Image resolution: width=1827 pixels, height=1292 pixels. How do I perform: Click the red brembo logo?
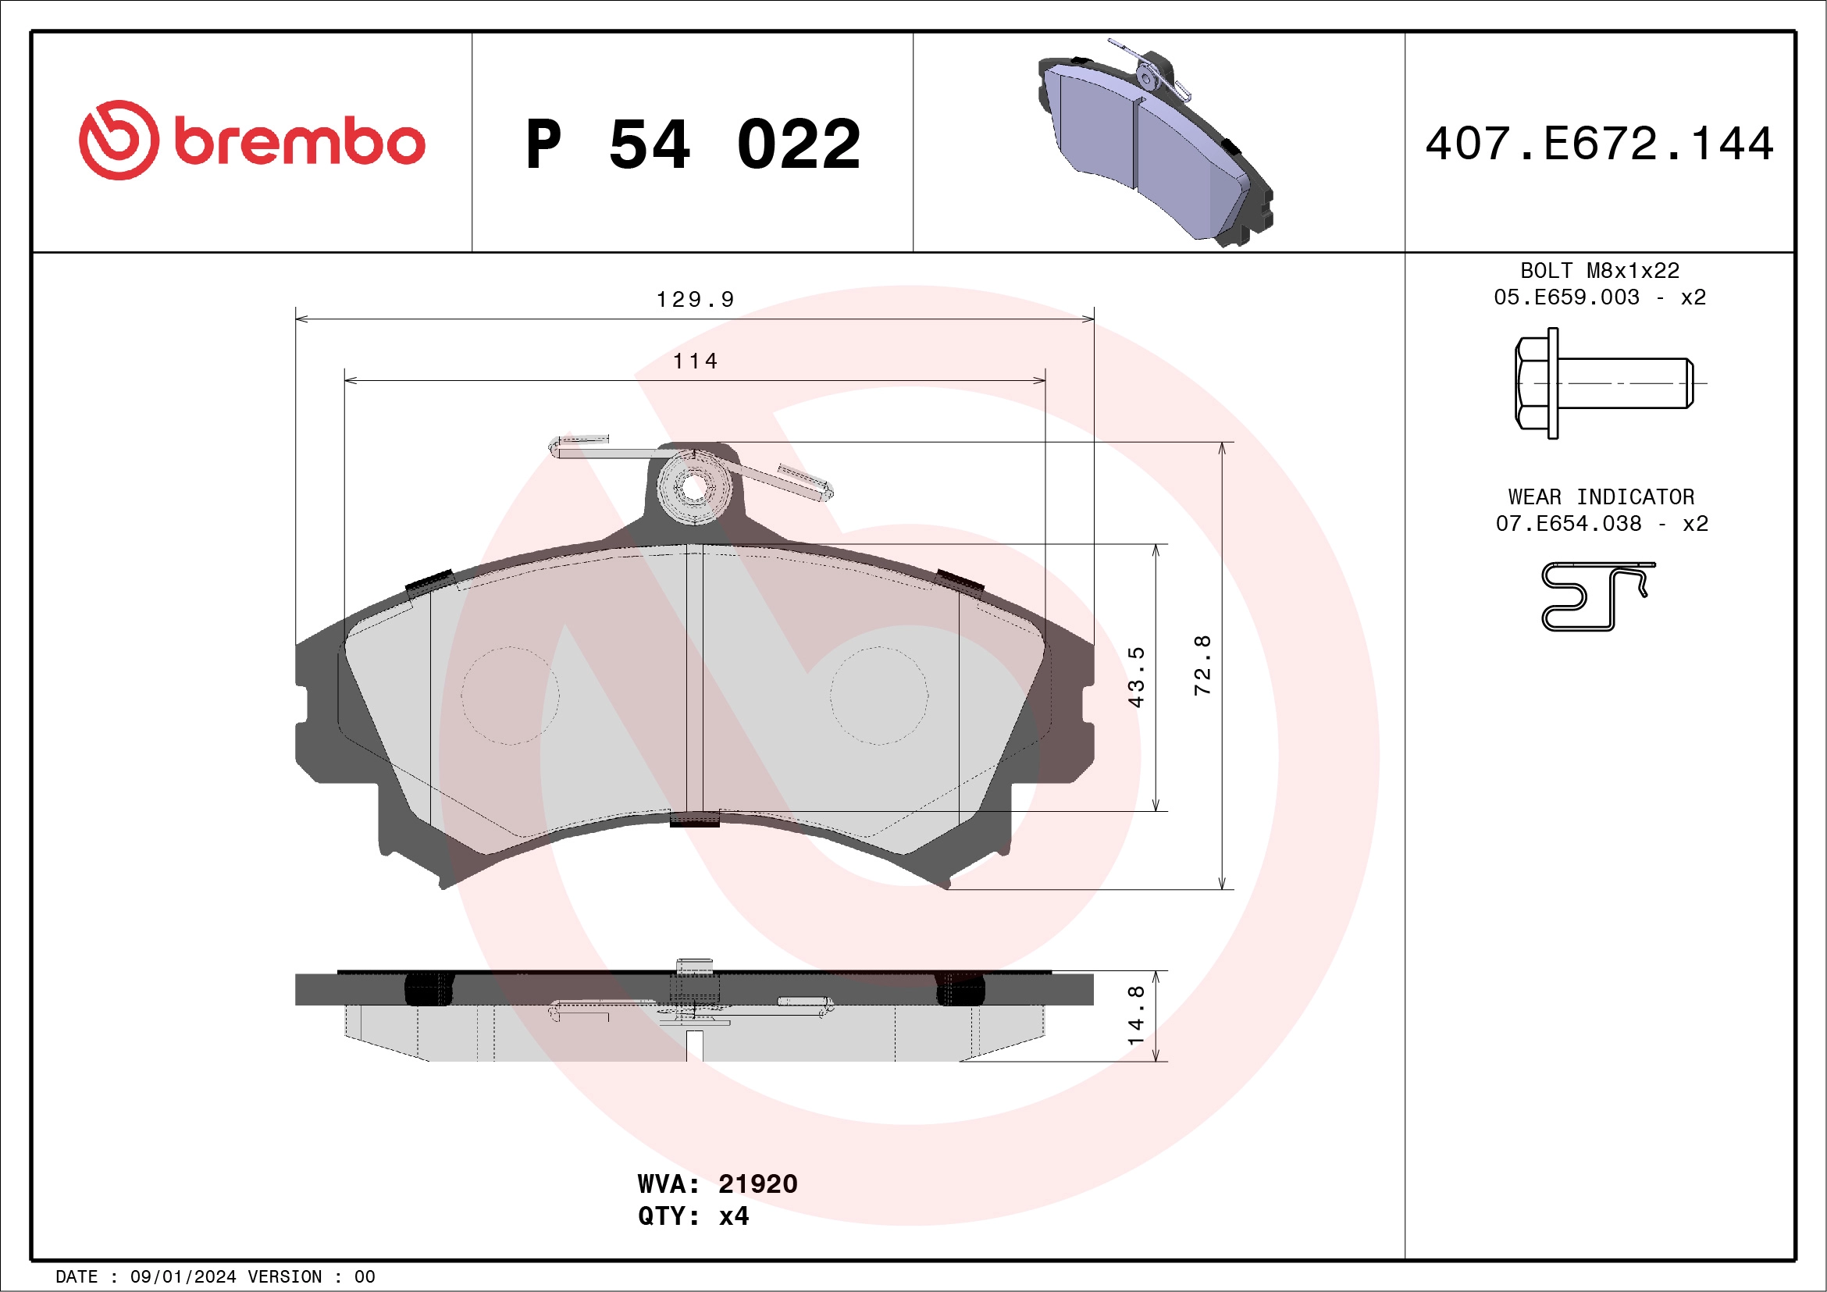(251, 141)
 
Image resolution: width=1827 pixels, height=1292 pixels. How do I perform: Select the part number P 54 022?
(693, 144)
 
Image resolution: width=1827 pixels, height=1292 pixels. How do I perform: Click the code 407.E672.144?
(1600, 144)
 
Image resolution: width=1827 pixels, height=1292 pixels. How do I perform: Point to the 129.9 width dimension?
(695, 300)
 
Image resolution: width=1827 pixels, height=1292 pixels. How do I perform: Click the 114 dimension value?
(695, 361)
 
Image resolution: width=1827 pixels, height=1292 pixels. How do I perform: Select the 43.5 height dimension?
(1136, 677)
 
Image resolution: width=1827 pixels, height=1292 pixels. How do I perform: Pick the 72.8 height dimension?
(1202, 665)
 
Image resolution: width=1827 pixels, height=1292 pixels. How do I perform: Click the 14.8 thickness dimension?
(1136, 1015)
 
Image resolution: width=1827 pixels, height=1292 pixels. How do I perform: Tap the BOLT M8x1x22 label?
(1600, 270)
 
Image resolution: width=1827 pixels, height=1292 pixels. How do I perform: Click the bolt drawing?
(1603, 383)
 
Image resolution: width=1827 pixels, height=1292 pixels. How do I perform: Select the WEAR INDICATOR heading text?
(1601, 497)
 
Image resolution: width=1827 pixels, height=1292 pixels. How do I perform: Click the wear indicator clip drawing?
(1595, 596)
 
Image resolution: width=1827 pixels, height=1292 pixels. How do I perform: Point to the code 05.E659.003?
(1566, 297)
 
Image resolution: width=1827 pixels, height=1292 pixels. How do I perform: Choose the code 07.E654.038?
(1568, 524)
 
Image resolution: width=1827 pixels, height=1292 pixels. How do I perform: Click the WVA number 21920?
(757, 1183)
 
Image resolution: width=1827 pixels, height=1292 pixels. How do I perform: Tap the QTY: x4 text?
(693, 1215)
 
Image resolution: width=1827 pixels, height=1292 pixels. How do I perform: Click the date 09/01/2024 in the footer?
(183, 1276)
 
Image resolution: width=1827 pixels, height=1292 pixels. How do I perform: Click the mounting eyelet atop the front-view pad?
(694, 488)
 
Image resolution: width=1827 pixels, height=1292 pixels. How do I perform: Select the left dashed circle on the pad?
(509, 696)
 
